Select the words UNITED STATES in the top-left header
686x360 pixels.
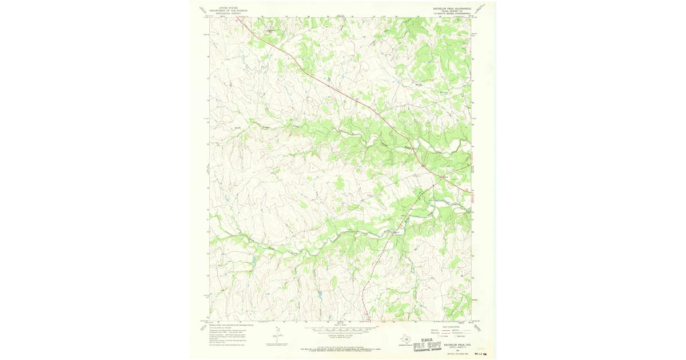point(223,7)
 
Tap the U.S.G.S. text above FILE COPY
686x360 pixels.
point(428,339)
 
